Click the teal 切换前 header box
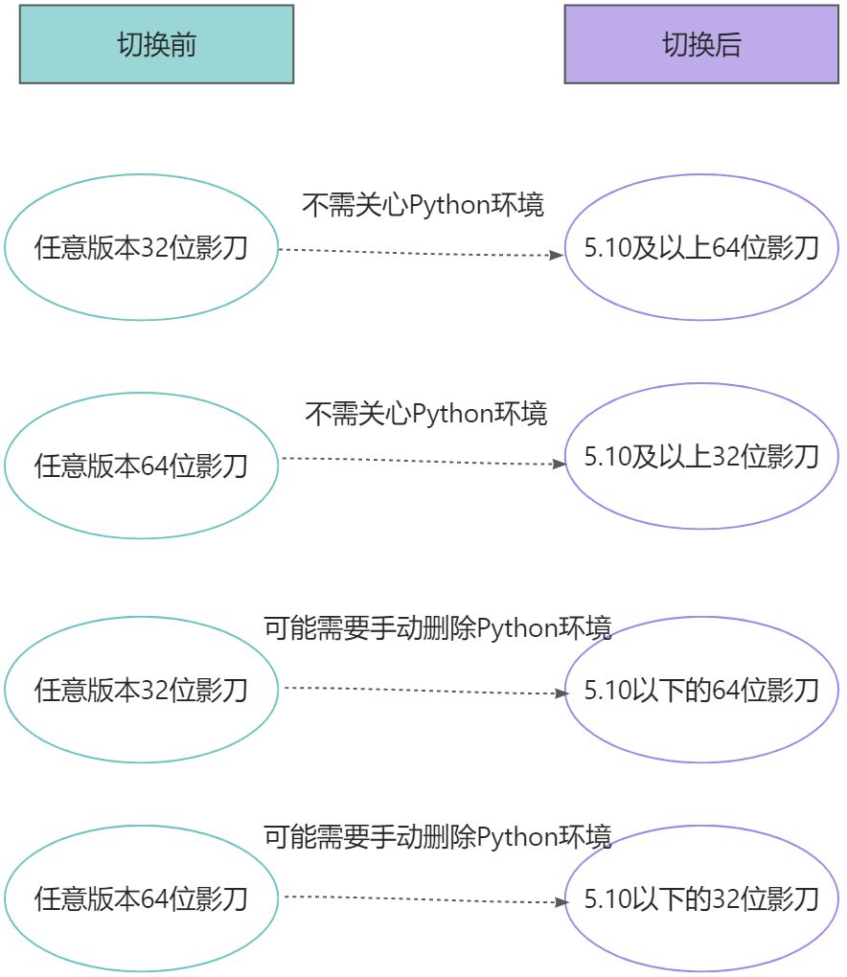[x=156, y=45]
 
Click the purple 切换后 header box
[x=701, y=45]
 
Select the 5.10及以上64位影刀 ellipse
[x=701, y=248]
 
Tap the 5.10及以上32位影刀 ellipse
[x=701, y=456]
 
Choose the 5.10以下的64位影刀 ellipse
[x=701, y=690]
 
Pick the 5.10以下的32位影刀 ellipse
[x=701, y=899]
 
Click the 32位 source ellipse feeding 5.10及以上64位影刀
[x=141, y=248]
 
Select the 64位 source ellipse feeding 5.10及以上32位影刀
[x=141, y=466]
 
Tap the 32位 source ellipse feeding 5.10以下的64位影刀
[x=141, y=690]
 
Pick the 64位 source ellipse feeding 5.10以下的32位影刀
[x=141, y=898]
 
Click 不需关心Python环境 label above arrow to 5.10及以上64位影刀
[x=423, y=205]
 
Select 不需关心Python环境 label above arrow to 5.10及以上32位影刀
[x=425, y=414]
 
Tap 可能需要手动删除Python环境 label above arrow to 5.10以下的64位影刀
[x=437, y=628]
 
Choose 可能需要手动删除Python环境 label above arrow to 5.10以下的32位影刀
[x=437, y=836]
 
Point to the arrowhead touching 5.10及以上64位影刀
[x=557, y=256]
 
